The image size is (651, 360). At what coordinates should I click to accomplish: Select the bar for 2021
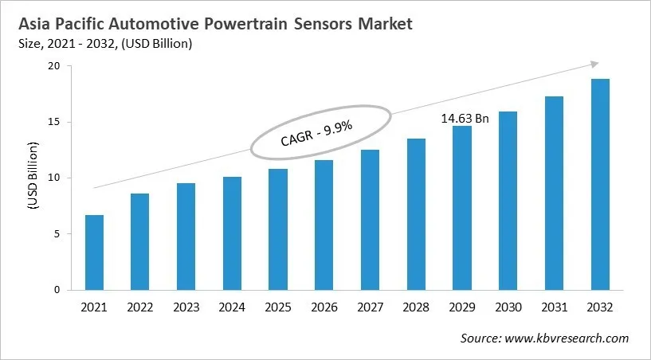click(94, 252)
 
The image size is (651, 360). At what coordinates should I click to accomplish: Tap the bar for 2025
click(277, 229)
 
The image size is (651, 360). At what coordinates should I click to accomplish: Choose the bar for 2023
click(186, 237)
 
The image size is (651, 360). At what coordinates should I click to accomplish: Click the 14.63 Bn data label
click(465, 118)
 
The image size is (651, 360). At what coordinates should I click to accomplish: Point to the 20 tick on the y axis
click(54, 66)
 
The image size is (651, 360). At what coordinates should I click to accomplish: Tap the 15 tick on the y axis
click(54, 122)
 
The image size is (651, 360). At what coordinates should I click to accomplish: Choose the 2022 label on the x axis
click(139, 307)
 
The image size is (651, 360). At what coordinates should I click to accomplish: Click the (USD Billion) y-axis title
click(33, 176)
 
